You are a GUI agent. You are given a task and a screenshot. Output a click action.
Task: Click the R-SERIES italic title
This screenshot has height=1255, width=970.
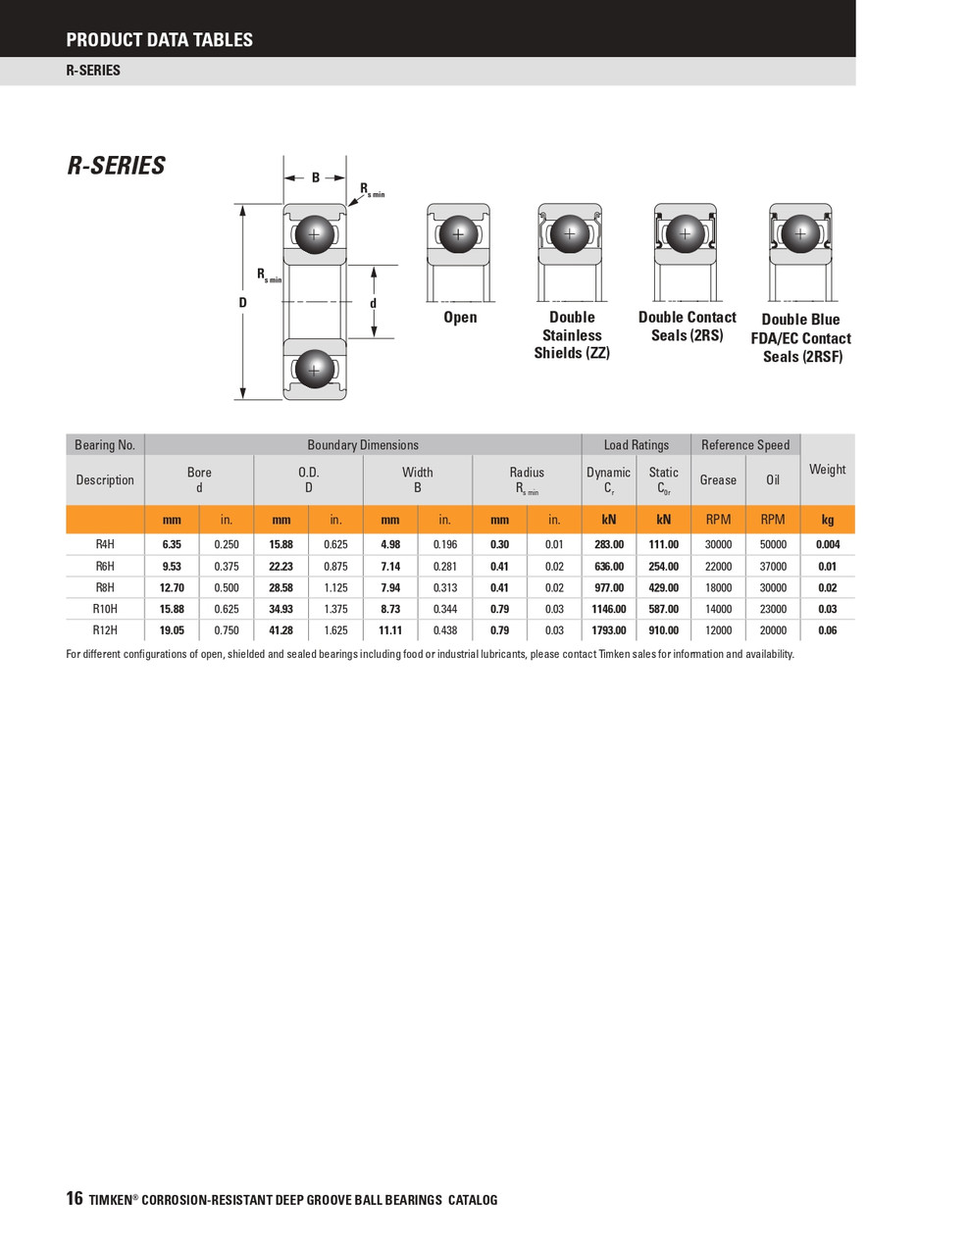(x=116, y=166)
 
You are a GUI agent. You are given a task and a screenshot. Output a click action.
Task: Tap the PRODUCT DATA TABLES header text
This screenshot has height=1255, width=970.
(x=159, y=40)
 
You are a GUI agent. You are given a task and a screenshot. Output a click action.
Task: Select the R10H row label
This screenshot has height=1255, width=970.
(x=105, y=609)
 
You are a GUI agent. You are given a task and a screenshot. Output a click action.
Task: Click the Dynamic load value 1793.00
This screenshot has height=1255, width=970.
(x=608, y=630)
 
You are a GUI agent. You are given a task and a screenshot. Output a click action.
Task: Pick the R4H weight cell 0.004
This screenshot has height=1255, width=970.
(x=827, y=544)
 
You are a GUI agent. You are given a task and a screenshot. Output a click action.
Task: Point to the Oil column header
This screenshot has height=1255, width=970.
(x=773, y=479)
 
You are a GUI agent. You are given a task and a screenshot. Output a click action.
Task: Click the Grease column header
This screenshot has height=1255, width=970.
(x=718, y=479)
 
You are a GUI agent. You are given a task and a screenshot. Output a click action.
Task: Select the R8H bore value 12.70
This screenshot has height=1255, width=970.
(x=172, y=587)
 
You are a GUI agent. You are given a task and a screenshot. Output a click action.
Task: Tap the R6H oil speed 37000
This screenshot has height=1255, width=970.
(x=773, y=566)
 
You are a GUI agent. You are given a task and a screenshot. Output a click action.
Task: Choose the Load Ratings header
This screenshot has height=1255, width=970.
(x=636, y=445)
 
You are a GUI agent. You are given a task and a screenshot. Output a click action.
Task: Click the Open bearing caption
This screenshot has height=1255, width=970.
(x=460, y=317)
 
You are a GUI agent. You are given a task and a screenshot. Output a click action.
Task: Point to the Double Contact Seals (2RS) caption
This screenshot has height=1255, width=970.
(x=687, y=326)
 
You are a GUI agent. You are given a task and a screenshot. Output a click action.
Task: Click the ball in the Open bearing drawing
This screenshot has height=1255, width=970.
(x=458, y=235)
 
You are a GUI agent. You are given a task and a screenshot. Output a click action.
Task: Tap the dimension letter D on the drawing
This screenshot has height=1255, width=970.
(x=242, y=303)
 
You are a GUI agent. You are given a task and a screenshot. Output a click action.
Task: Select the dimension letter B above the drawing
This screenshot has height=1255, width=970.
(x=316, y=177)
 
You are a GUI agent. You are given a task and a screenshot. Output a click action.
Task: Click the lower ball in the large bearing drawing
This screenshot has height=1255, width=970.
(x=314, y=370)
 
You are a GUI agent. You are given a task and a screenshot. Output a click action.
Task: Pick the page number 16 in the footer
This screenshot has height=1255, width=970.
(x=75, y=1198)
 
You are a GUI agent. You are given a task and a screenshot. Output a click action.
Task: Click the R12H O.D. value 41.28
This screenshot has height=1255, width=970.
(x=281, y=630)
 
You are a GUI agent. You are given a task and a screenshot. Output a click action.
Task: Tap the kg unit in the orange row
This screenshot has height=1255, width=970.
(x=827, y=520)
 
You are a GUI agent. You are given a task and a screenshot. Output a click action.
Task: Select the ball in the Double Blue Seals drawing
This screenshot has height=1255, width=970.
(x=800, y=234)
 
